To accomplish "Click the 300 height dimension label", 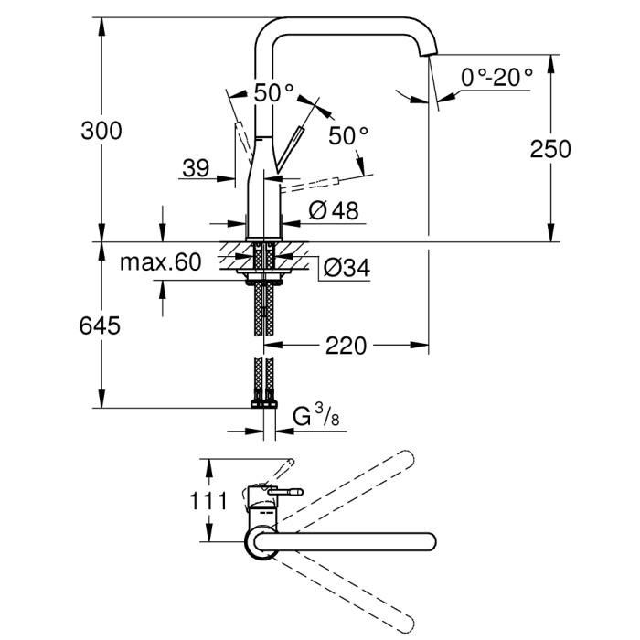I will tap(101, 131).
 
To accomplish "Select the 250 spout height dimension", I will tap(549, 147).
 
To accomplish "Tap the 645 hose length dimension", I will tap(101, 325).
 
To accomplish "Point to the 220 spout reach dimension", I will tap(347, 346).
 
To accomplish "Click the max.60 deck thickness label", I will tap(160, 263).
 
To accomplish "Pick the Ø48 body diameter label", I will tap(333, 210).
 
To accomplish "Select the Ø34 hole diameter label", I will tap(347, 268).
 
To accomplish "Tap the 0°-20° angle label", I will tap(496, 77).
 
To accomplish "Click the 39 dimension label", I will tap(195, 167).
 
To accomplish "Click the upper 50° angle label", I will tap(273, 92).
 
